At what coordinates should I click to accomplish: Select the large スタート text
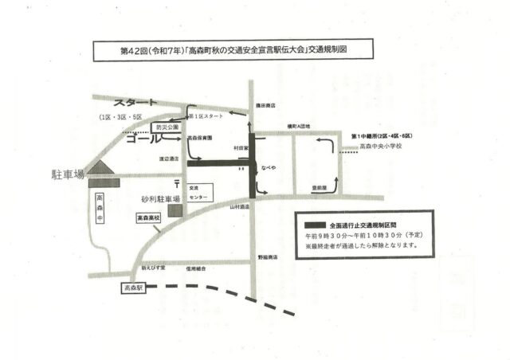point(135,104)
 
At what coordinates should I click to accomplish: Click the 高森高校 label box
point(147,216)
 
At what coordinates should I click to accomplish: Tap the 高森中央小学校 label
point(380,147)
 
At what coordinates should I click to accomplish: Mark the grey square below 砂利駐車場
point(175,210)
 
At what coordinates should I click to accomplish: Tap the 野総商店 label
point(268,257)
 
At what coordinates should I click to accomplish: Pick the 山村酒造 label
point(240,206)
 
